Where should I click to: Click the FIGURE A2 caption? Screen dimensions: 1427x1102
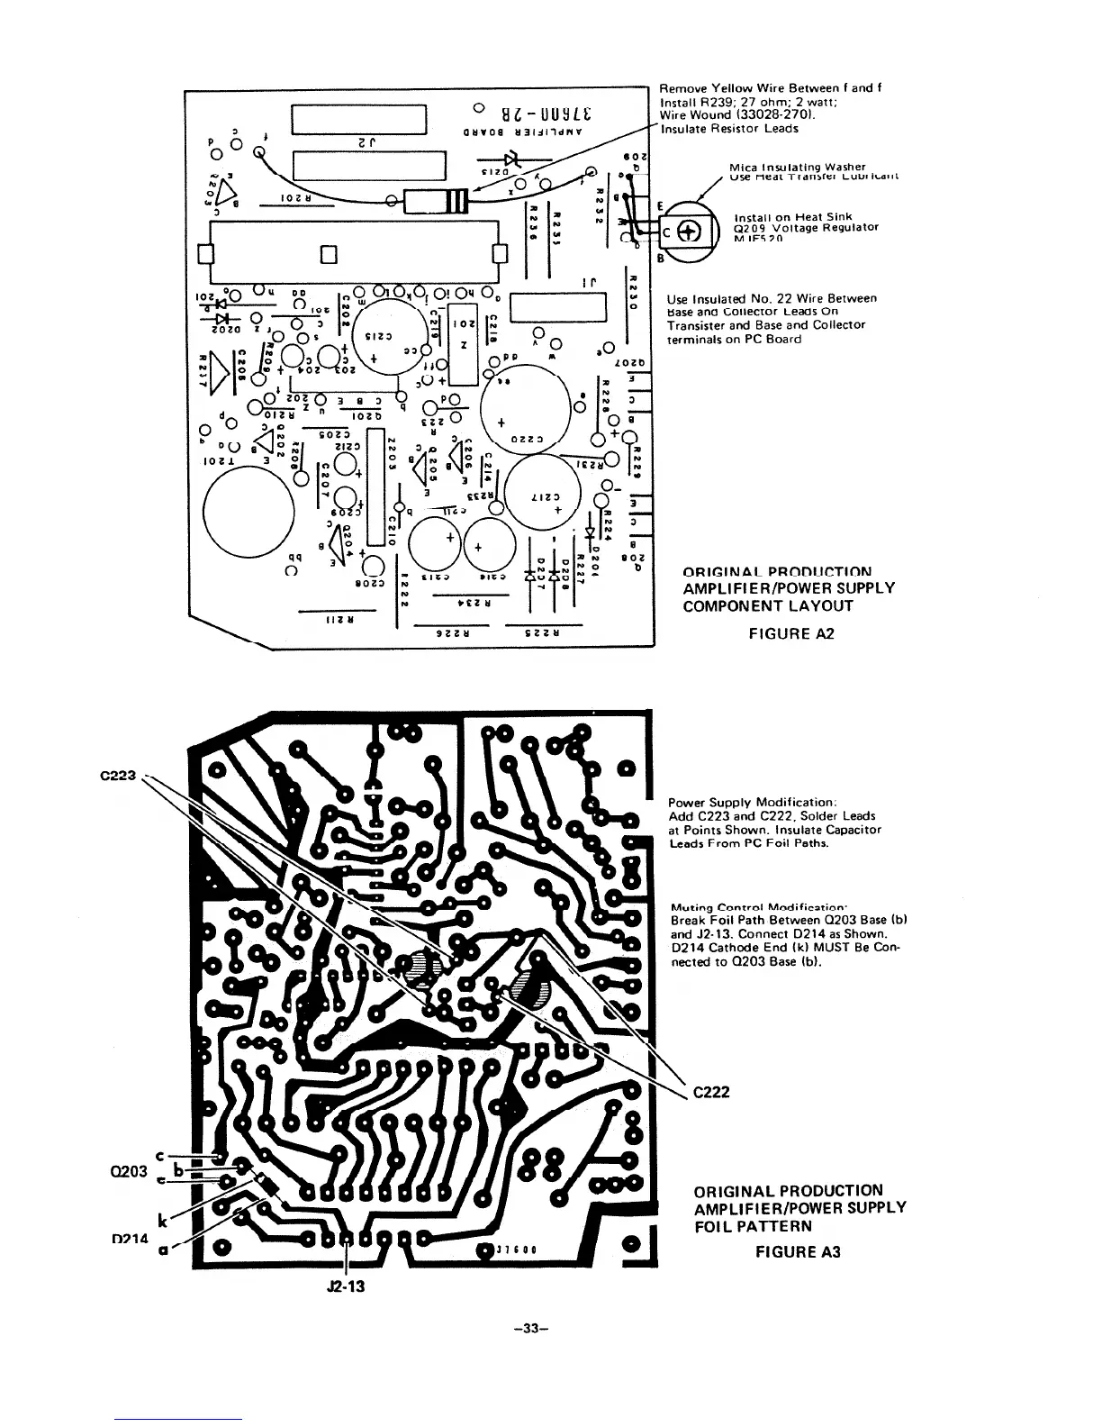[791, 633]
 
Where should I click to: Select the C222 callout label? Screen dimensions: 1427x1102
[710, 1092]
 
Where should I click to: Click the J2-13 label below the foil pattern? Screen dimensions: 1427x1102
[346, 1286]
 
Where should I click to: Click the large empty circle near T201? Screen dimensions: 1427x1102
[248, 514]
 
